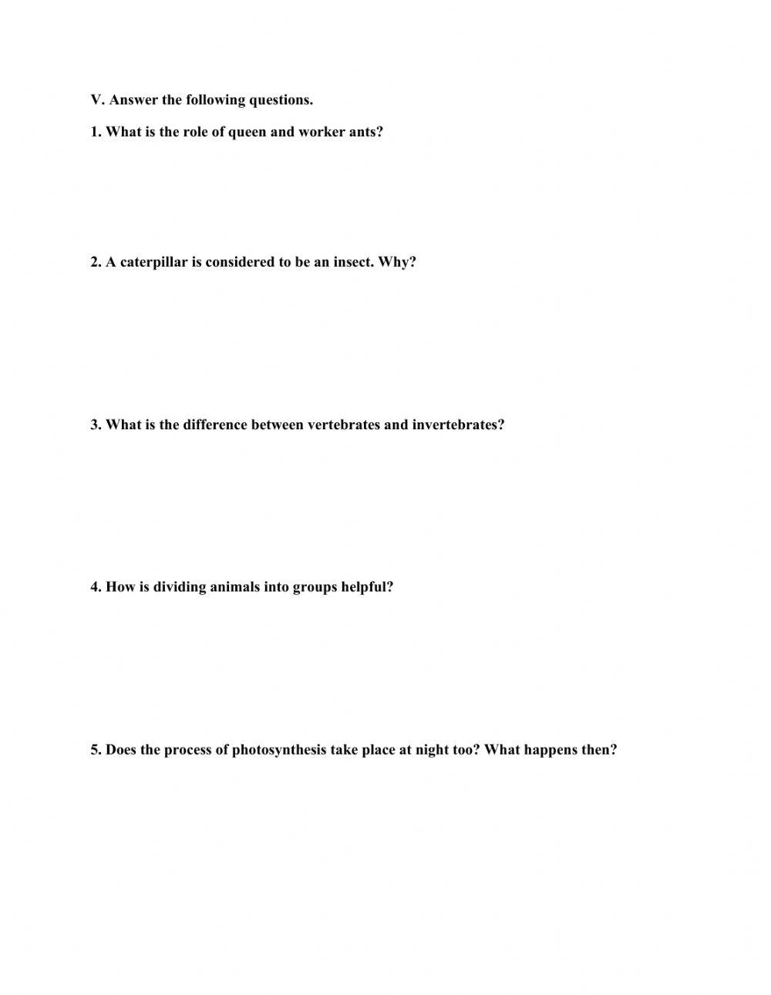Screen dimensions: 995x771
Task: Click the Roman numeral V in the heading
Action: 96,100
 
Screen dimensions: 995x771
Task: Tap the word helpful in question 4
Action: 367,587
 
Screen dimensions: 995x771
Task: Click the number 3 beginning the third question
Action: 95,425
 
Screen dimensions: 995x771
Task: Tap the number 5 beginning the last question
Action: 95,750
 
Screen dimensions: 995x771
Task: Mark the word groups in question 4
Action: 315,587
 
